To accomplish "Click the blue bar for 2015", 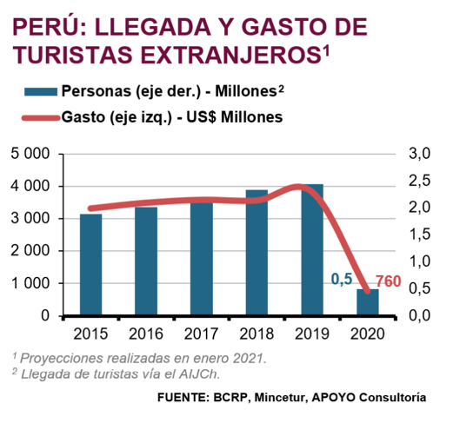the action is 90,264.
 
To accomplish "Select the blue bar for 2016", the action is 146,261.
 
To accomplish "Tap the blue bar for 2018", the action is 256,253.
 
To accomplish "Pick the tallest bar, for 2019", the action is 312,249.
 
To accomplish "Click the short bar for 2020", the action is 368,302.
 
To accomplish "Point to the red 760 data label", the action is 389,281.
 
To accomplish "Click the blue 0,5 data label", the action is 342,279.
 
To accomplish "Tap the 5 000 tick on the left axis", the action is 30,154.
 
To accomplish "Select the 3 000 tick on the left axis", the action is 30,218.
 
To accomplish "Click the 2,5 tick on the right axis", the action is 419,181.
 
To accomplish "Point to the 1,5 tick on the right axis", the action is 419,235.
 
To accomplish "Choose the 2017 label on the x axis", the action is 201,334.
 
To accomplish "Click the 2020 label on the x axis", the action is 368,334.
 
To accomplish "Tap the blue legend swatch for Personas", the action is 41,91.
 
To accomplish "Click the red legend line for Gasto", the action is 41,118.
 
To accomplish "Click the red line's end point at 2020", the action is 368,291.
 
